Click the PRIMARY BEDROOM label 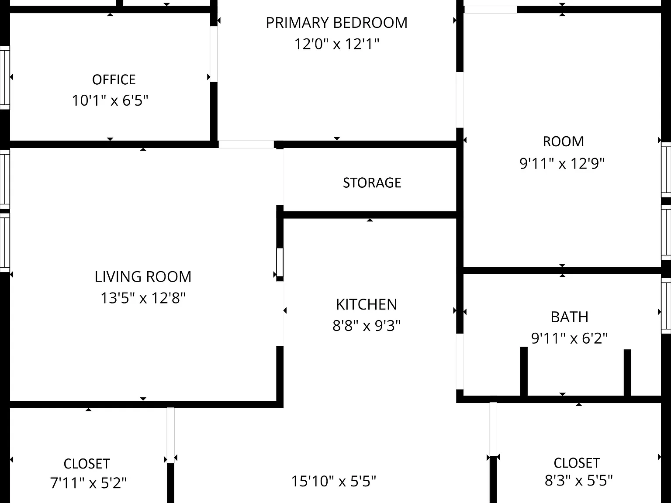336,23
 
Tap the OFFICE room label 114,80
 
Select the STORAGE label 372,183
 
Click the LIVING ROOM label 143,277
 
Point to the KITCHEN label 367,304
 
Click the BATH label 569,317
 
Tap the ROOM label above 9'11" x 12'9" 563,142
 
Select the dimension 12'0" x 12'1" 336,44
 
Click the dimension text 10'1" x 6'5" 110,100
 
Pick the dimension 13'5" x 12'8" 143,298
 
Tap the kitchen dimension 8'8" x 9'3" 367,326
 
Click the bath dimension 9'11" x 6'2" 569,338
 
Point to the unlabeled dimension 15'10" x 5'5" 333,481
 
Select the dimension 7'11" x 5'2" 88,483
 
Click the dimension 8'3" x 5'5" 578,481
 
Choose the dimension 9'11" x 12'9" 562,164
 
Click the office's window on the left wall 4,78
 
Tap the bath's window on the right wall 666,306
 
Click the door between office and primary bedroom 214,54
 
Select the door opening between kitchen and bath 460,362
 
